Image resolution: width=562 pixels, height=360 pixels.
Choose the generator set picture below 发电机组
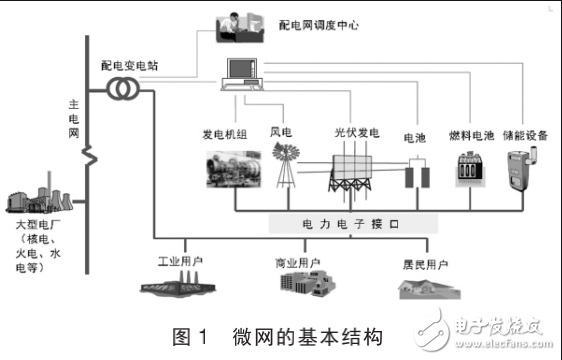(x=233, y=166)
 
